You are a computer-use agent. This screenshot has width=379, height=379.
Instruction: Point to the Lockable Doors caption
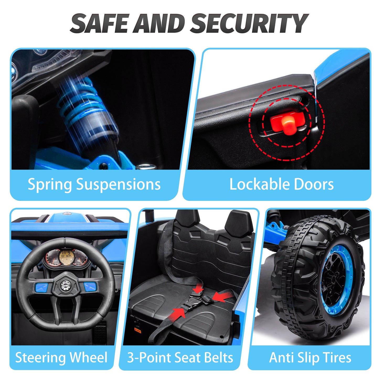pos(281,184)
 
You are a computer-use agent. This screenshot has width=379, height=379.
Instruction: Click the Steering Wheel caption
pos(61,357)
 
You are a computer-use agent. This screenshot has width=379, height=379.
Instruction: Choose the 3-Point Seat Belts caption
pos(180,357)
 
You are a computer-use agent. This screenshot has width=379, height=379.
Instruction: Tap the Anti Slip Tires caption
pos(310,357)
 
